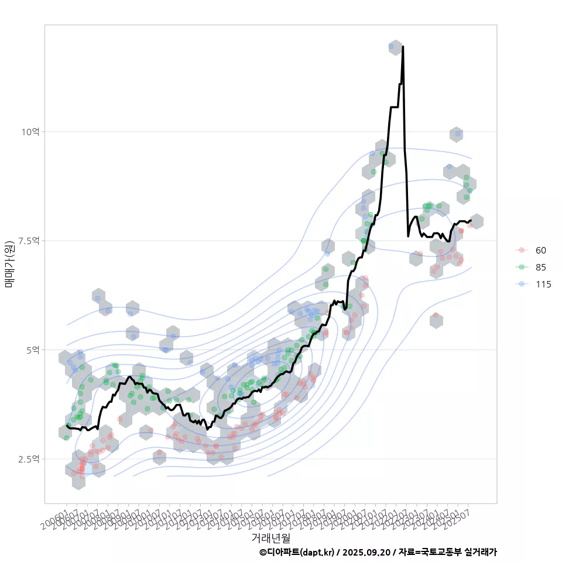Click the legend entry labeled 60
(540, 251)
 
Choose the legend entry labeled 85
(540, 268)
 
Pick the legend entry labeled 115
(543, 285)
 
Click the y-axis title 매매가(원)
(10, 264)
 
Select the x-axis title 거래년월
(270, 537)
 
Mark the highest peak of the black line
(403, 46)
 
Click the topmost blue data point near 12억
(391, 47)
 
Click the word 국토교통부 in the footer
(440, 552)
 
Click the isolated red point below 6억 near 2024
(436, 316)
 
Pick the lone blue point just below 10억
(458, 134)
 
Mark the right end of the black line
(471, 220)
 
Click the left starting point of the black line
(67, 426)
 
